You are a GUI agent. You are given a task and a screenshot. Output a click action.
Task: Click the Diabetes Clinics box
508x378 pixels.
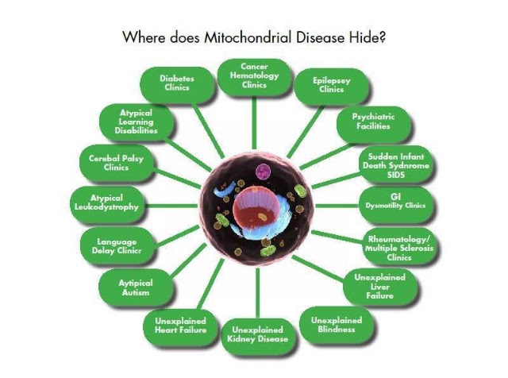pos(177,85)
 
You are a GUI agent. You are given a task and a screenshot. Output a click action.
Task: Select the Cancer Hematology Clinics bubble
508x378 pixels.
pos(254,77)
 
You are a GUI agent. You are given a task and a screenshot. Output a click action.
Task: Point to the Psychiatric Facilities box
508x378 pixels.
pos(374,124)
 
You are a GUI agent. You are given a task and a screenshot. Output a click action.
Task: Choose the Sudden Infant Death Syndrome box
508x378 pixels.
pos(396,164)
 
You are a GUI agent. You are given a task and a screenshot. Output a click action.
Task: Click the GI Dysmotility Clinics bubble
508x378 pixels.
pos(396,205)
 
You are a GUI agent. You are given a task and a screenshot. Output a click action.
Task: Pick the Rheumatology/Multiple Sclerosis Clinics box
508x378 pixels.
pos(399,247)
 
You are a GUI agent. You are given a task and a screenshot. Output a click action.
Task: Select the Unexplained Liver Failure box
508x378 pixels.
pos(380,287)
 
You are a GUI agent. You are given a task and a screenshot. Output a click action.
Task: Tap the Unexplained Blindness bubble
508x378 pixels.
pos(337,325)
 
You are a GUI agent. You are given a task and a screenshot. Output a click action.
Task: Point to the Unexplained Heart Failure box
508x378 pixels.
pos(180,327)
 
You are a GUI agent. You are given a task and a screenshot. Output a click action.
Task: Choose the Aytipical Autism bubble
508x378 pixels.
pos(136,287)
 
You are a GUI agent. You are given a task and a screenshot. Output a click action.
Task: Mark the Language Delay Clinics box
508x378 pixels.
pos(117,245)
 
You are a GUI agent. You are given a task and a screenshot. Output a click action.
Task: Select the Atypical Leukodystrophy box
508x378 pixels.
pos(107,204)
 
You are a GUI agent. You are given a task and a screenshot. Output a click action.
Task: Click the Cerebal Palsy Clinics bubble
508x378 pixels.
pos(117,163)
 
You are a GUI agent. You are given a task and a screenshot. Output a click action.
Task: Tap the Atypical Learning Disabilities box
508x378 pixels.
pos(137,121)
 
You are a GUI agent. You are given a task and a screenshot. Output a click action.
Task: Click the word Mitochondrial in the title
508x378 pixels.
pos(248,37)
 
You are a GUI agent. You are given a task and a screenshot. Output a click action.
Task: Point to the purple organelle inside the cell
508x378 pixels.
pos(263,172)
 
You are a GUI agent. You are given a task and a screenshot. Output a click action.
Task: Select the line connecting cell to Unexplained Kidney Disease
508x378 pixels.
pos(258,293)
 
